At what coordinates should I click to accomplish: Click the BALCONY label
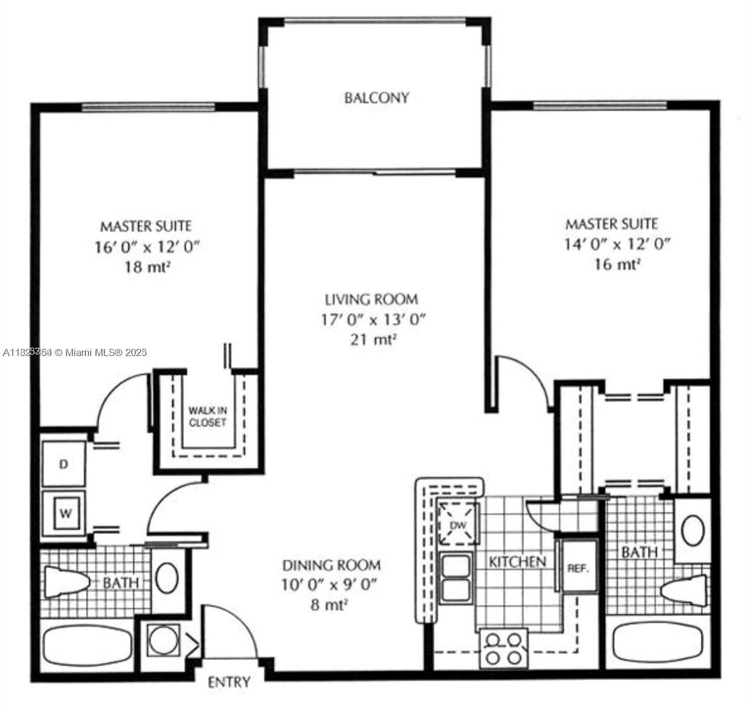click(x=376, y=97)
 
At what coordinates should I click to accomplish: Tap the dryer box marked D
click(x=64, y=464)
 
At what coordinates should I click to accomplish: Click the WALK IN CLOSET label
click(x=207, y=416)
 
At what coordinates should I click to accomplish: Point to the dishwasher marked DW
click(x=457, y=524)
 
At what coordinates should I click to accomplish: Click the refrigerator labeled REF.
click(x=578, y=568)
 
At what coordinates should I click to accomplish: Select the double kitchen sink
click(x=456, y=577)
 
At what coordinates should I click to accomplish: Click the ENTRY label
click(x=229, y=682)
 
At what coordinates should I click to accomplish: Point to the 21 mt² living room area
click(x=372, y=339)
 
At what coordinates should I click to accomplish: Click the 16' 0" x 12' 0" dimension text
click(x=148, y=247)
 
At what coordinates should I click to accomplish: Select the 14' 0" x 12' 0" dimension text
click(x=617, y=244)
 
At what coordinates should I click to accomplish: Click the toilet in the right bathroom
click(x=684, y=589)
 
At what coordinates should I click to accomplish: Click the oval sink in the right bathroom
click(x=693, y=530)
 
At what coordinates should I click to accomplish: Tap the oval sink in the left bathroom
click(x=167, y=578)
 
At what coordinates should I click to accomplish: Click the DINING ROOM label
click(x=331, y=565)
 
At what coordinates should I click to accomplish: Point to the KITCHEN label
click(x=517, y=562)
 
